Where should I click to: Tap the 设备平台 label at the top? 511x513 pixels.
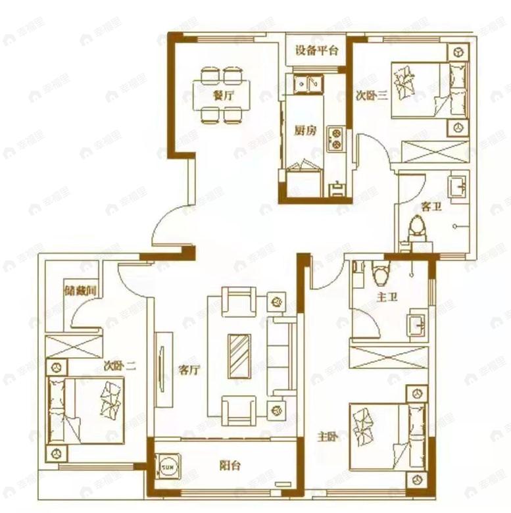coord(316,51)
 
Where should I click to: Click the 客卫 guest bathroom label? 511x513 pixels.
coord(431,206)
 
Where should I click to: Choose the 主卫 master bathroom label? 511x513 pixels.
coord(386,297)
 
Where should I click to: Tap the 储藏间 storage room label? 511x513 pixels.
coord(81,290)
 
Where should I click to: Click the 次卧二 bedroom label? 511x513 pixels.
coord(120,366)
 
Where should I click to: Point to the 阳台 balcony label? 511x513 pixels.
coord(230,466)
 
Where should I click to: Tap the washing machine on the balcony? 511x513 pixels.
coord(169,466)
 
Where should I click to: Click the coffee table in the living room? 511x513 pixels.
coord(239,356)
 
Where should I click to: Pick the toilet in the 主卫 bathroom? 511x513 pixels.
coord(379,269)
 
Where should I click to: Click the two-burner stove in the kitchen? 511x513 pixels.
coord(336,138)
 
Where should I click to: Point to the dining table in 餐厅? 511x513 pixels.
coord(223,95)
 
